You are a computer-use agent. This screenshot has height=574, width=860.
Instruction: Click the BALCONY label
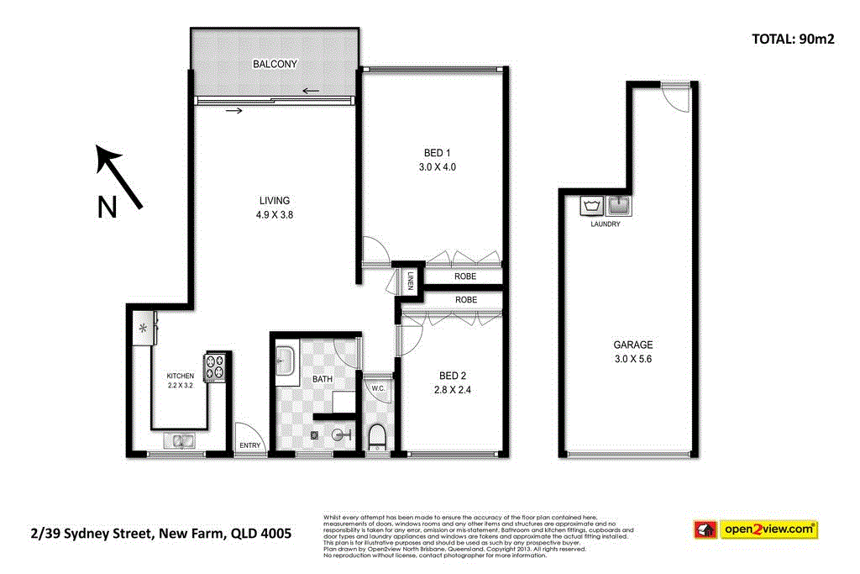tap(275, 64)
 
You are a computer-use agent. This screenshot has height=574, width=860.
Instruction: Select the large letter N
tap(107, 207)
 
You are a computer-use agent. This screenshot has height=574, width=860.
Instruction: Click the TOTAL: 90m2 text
tap(790, 38)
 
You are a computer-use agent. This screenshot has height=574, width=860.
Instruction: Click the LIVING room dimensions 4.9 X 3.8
tap(275, 214)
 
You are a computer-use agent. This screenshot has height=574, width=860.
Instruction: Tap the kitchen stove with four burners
tap(217, 366)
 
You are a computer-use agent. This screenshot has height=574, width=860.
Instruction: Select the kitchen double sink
tap(180, 440)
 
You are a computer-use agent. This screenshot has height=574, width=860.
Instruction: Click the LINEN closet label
tap(412, 282)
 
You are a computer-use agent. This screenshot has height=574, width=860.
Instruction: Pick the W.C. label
tap(377, 388)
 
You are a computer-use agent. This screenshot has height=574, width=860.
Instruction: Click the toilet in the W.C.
tap(377, 436)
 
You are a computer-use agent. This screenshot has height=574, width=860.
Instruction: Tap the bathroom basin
tap(283, 362)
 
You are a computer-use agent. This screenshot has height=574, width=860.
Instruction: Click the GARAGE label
tap(633, 345)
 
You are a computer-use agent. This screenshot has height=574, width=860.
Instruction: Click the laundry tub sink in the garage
tap(619, 205)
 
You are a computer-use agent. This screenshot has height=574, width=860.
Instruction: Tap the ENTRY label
tap(250, 445)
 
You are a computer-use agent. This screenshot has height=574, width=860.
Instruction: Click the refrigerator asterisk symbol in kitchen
tap(144, 328)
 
